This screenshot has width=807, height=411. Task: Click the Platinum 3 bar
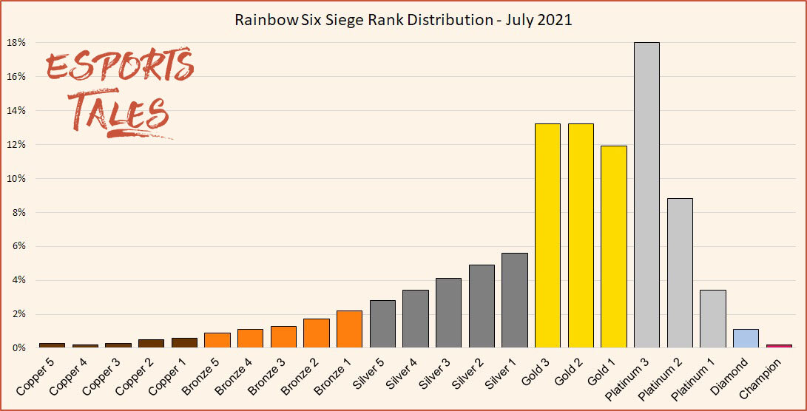tap(646, 195)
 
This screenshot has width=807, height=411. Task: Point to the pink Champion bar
tap(779, 345)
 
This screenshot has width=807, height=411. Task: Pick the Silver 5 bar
tap(382, 324)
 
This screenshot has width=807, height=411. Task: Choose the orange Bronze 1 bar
tap(349, 329)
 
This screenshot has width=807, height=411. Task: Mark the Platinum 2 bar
tap(680, 273)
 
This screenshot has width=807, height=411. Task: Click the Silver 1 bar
tap(514, 300)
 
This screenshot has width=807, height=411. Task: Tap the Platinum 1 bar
tap(713, 319)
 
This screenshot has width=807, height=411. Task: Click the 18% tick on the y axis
tap(17, 43)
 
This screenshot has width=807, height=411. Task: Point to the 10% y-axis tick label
tap(17, 179)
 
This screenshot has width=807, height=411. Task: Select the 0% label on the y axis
tap(19, 348)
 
